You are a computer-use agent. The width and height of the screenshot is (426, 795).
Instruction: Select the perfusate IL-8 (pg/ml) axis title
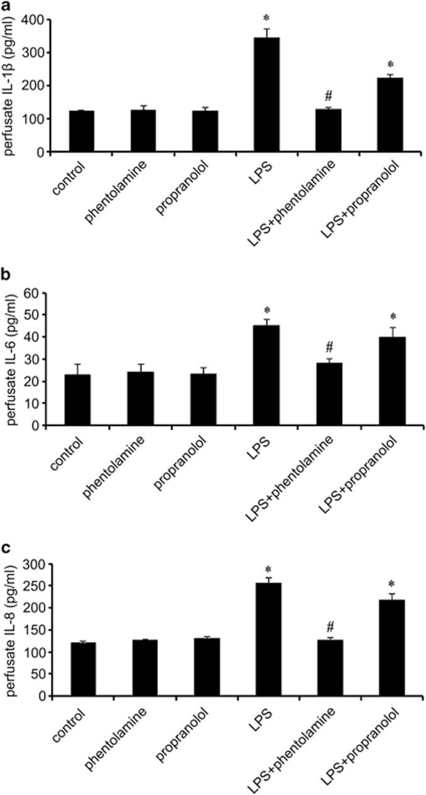13,630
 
